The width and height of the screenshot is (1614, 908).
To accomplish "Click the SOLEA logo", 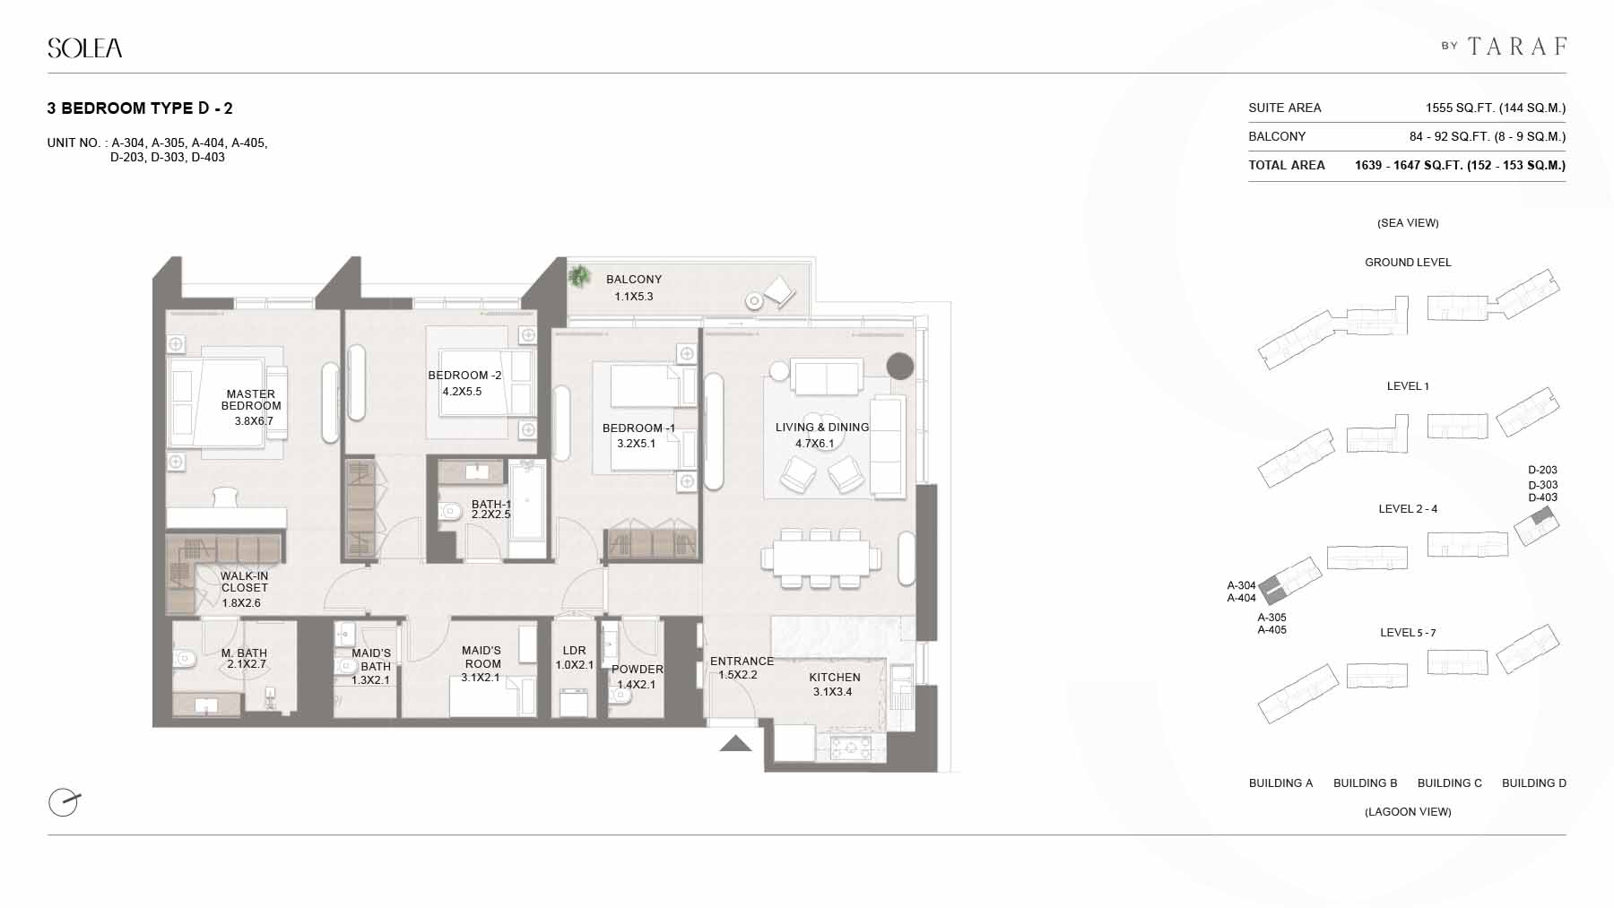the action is (x=85, y=48).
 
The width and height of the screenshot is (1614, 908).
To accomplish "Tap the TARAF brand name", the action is (x=1518, y=46).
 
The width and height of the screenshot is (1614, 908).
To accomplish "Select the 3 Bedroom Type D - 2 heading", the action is (x=140, y=108).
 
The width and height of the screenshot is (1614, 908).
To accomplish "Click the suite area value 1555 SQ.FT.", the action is (x=1456, y=108).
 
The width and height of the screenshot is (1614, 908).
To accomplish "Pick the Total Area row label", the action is (x=1287, y=165).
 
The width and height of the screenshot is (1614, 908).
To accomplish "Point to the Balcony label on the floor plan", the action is (x=634, y=280).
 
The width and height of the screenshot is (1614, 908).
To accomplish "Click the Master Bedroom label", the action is (x=251, y=400).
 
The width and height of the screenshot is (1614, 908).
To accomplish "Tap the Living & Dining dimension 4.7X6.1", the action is (x=815, y=443).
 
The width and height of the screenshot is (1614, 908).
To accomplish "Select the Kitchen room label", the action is (x=835, y=678).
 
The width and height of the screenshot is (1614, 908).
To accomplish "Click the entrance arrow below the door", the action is (x=735, y=743).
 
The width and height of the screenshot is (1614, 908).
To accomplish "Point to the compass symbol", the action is (x=64, y=802).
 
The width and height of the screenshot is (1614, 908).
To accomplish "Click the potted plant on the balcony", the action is (x=579, y=276).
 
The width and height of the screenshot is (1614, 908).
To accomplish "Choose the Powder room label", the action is (x=638, y=670).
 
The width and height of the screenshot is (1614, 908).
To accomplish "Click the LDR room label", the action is (x=574, y=651).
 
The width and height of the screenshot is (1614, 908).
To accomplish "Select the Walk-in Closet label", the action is (x=245, y=582).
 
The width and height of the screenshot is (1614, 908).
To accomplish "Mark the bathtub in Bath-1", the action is (x=527, y=510).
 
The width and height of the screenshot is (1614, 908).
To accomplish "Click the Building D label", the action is (x=1534, y=783).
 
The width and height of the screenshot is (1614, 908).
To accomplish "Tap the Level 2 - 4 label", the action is (x=1408, y=509).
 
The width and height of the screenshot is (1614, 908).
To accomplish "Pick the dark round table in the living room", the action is (x=900, y=366).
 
